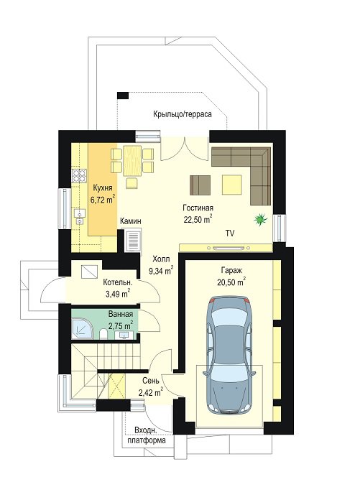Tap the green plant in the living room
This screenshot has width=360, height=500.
261,219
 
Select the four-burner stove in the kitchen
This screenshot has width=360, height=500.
79,176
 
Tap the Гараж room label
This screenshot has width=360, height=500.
231,270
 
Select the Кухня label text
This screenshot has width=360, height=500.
102,187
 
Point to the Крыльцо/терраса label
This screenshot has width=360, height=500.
183,114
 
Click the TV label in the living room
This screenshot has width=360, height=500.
230,233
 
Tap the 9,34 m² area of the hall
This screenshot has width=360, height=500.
161,271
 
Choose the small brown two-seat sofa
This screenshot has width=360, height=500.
200,185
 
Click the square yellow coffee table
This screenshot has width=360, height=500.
232,185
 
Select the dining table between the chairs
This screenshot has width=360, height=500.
132,161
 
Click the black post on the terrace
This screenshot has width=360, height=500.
123,96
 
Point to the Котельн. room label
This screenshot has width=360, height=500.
117,282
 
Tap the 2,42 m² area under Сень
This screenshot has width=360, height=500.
151,392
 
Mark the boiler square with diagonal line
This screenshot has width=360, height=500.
89,272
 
